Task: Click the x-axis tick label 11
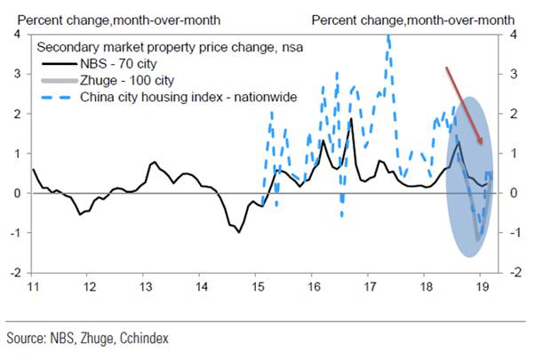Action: coord(34,286)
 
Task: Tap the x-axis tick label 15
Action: coord(259,286)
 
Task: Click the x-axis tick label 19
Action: coord(482,286)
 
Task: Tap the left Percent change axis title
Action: coord(103,18)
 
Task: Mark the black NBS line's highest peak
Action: coord(351,119)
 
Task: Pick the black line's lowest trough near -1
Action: coord(238,232)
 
